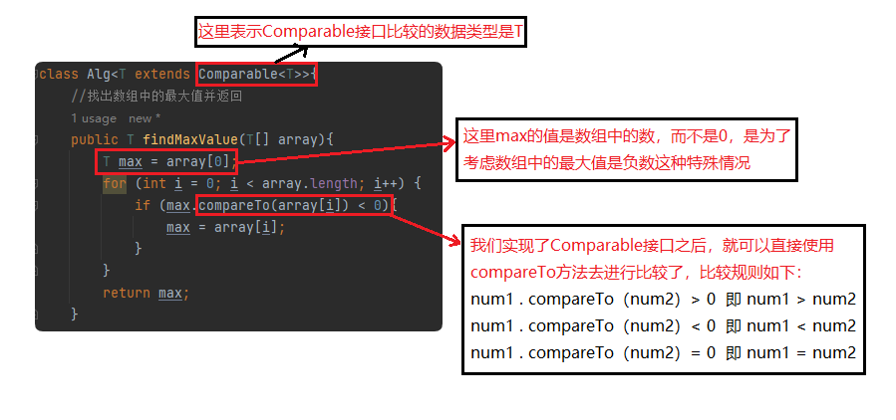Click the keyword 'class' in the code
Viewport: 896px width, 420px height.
(59, 75)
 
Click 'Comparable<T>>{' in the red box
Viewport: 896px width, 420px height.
(257, 75)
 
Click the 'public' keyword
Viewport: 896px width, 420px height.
(95, 139)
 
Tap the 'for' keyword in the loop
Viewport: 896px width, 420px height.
(115, 183)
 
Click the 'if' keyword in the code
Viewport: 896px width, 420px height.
(142, 205)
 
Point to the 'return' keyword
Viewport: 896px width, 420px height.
(127, 293)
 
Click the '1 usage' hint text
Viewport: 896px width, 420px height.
(94, 118)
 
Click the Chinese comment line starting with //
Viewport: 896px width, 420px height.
(156, 97)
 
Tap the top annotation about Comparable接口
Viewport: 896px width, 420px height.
(362, 32)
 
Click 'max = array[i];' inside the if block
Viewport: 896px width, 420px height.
(225, 227)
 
